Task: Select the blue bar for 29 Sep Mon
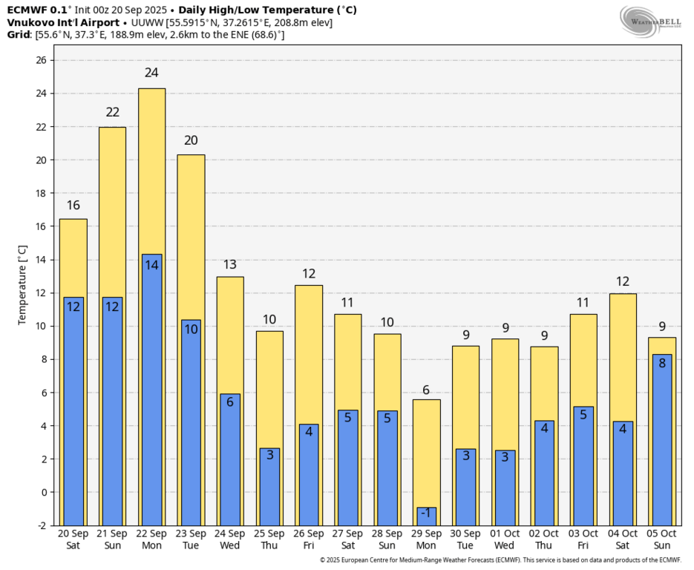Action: point(426,517)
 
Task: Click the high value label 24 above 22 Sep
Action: point(151,73)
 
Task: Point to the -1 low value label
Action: point(426,513)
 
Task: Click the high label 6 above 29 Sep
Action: point(426,390)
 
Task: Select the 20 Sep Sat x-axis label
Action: point(73,540)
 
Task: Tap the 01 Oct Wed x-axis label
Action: point(505,540)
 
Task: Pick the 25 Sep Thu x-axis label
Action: point(269,540)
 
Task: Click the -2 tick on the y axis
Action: point(42,525)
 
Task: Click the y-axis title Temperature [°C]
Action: point(23,286)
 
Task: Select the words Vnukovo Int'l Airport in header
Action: point(63,22)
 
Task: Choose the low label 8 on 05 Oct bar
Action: point(662,364)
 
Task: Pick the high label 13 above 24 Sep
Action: point(230,265)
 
